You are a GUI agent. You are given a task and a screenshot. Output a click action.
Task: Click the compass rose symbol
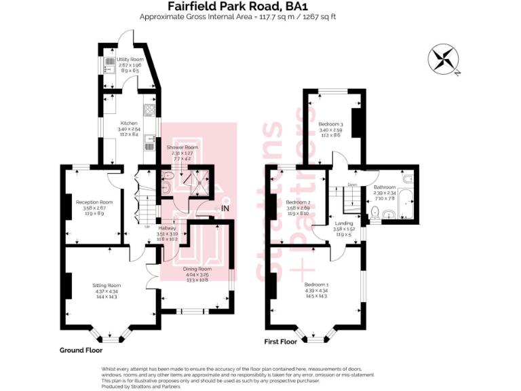click(445, 58)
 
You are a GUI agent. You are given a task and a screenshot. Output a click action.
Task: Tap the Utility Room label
click(130, 60)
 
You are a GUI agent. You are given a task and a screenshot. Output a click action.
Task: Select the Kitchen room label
click(129, 123)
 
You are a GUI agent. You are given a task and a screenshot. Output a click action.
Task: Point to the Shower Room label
click(182, 147)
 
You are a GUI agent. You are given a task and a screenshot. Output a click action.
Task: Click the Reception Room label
click(94, 202)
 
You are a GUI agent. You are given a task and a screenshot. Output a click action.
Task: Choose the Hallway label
click(168, 228)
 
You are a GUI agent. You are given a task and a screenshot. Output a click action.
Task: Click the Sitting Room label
click(107, 285)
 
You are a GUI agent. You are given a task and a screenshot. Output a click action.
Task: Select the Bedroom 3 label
click(332, 124)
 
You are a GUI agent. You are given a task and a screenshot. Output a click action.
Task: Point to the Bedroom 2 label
click(298, 202)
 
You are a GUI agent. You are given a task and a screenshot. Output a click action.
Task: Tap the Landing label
click(343, 223)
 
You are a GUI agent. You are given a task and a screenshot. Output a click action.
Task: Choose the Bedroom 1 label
click(316, 284)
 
